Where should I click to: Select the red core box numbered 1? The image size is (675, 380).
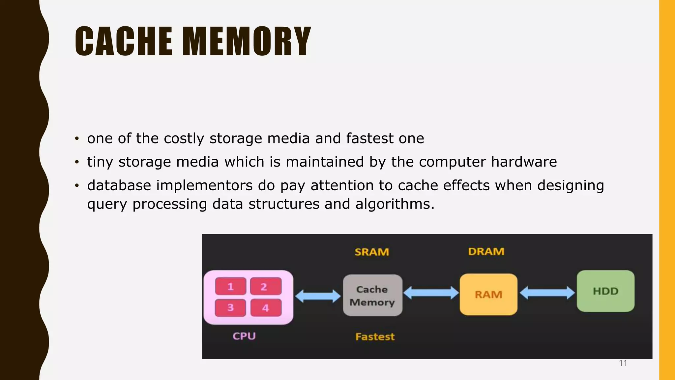230,286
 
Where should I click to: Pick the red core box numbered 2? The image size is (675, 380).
266,286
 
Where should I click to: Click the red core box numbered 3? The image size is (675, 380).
230,308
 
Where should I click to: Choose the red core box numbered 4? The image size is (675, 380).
266,308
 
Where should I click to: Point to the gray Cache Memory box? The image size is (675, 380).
372,295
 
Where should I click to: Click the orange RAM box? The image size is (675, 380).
488,294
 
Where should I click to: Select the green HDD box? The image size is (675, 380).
605,291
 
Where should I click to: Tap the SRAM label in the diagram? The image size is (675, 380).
372,252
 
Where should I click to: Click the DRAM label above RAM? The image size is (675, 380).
486,252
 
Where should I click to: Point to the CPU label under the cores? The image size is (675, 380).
244,336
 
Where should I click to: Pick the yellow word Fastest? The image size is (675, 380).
375,337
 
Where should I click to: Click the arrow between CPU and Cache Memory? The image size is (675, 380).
318,296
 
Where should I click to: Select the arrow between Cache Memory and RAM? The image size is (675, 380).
431,293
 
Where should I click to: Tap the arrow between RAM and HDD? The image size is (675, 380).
547,293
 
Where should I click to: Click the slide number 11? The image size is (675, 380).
623,363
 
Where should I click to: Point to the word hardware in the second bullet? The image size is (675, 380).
524,162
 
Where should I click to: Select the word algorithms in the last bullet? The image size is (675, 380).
395,204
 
